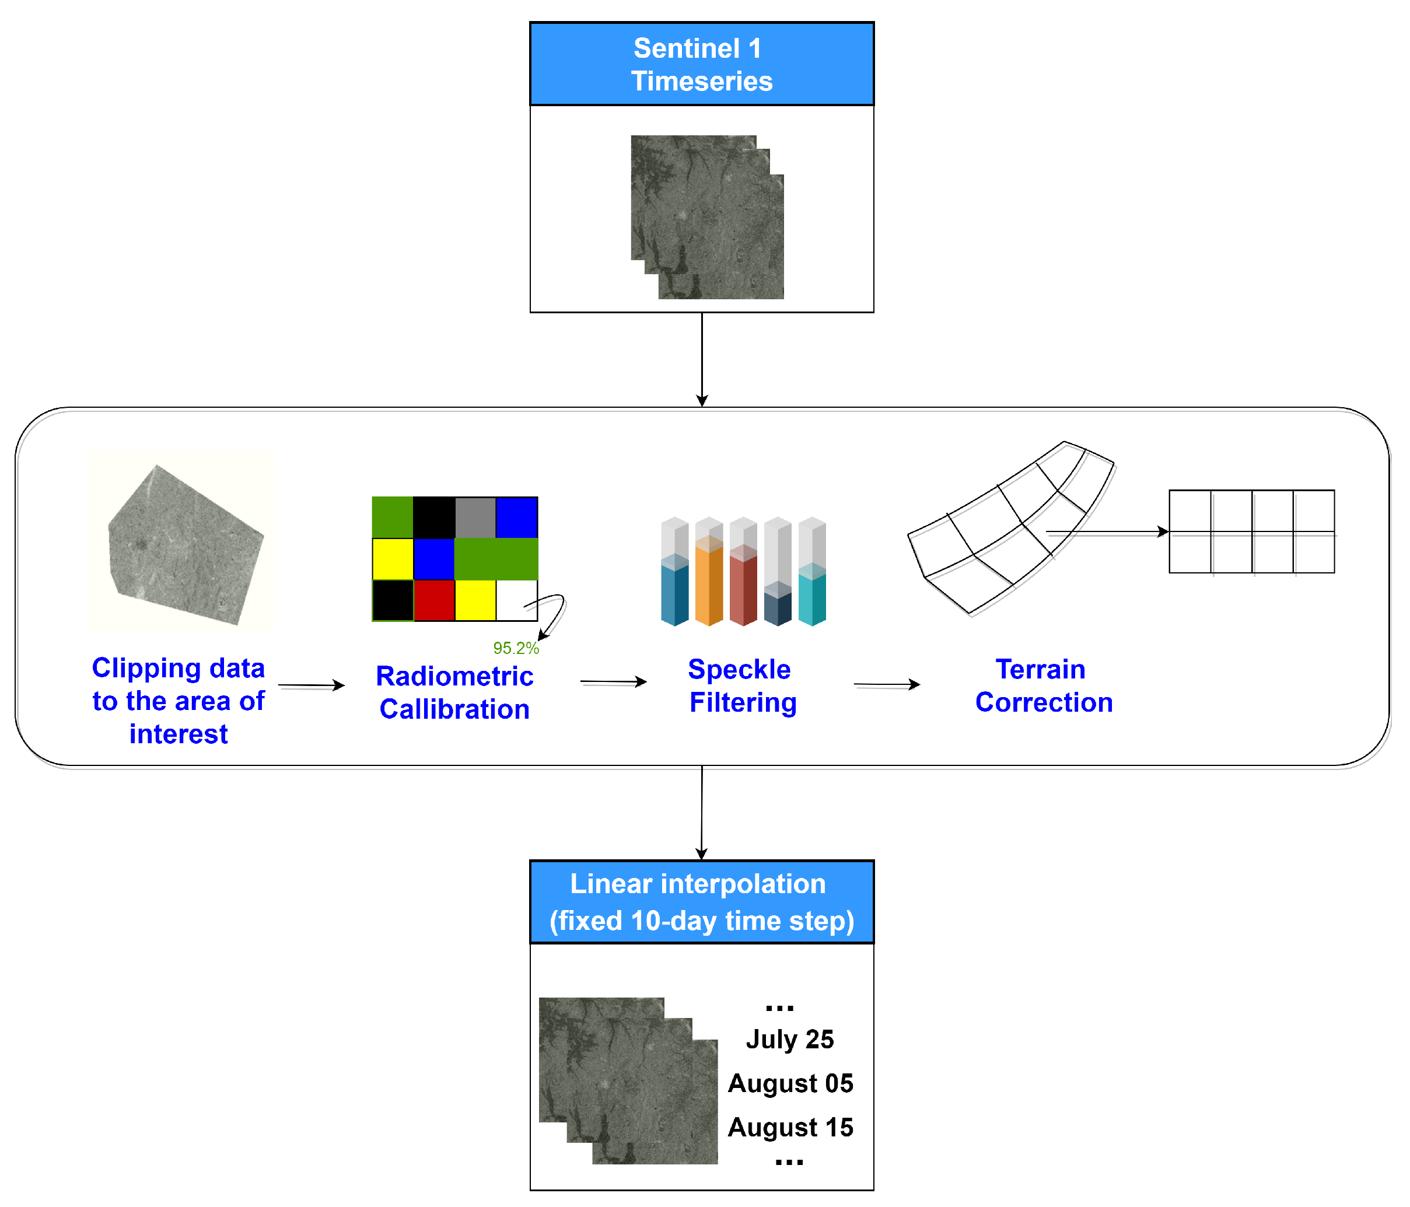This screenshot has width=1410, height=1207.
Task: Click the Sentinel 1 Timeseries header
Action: (702, 64)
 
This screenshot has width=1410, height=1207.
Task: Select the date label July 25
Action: (789, 1039)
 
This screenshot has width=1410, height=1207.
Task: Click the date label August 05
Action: (790, 1083)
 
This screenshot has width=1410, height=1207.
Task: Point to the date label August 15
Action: (790, 1128)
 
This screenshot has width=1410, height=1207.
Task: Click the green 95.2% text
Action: (516, 648)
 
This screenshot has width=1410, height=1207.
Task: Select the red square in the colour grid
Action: (434, 600)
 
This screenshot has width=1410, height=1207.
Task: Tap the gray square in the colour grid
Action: (475, 517)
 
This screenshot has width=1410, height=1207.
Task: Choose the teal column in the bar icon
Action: (812, 592)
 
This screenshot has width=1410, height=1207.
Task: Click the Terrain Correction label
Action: (1043, 686)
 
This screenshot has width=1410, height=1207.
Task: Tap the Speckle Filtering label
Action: (741, 686)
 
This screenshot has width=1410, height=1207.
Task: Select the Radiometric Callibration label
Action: (454, 692)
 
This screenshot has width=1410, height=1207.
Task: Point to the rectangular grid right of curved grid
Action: (1251, 531)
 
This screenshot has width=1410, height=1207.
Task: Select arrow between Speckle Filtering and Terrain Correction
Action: (887, 684)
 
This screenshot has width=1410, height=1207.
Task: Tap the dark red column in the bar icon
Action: (743, 585)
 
